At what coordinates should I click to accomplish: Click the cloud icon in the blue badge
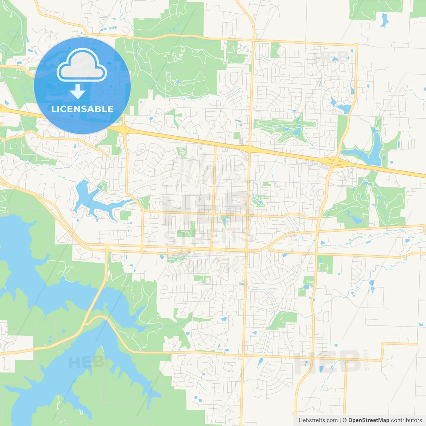coord(82,65)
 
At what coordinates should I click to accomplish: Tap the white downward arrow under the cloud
coord(78,92)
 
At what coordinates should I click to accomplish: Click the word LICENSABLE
coord(82,109)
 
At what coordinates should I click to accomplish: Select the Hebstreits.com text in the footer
coord(318,420)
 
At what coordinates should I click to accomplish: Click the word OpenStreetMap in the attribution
coord(369,420)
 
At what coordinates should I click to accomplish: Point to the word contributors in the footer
coord(406,420)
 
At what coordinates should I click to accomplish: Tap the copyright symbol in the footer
coord(344,420)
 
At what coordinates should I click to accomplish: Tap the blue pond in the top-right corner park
coord(385,21)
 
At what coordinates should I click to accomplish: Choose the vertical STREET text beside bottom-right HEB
coord(366,359)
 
